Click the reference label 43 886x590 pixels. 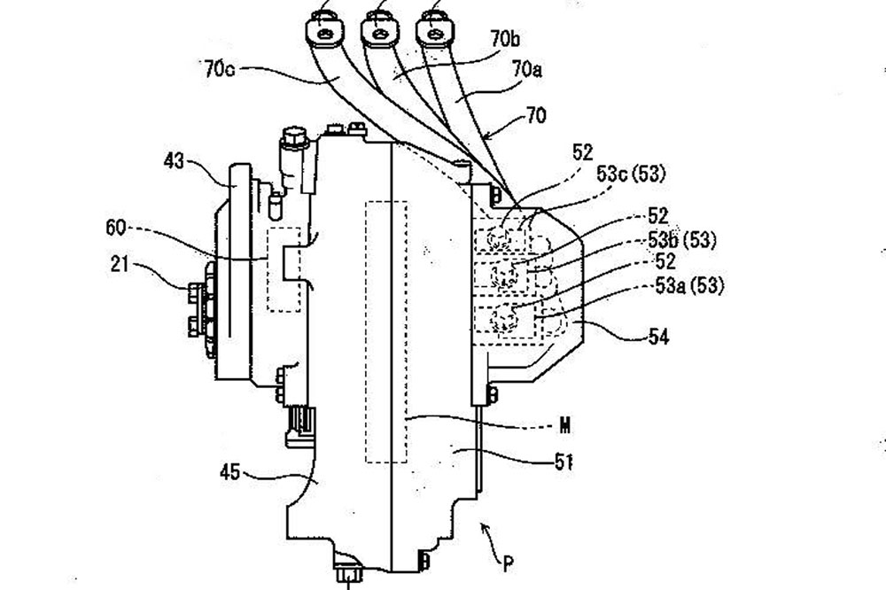(x=174, y=161)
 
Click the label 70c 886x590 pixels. (x=219, y=68)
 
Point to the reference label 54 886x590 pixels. (x=681, y=336)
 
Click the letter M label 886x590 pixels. (x=563, y=426)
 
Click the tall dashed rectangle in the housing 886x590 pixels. (x=386, y=331)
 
